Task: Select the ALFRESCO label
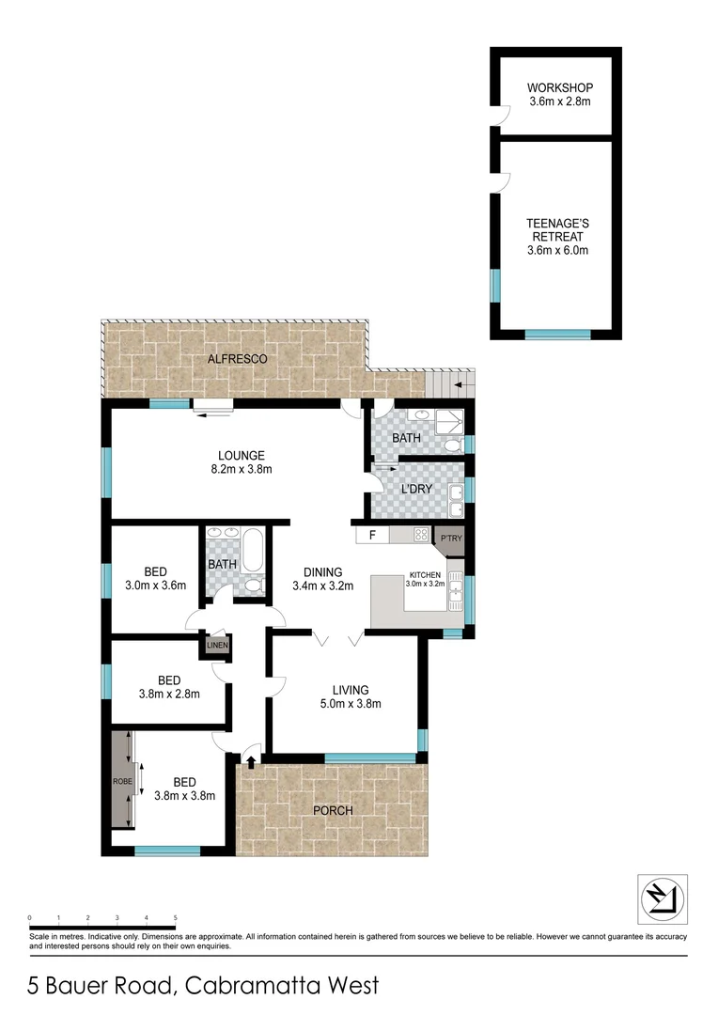237,359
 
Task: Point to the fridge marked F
372,536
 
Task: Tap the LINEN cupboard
217,646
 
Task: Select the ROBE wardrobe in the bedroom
120,779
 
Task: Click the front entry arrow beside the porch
250,760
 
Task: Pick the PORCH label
333,810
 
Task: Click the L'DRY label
415,489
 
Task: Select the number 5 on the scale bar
176,916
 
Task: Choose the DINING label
321,571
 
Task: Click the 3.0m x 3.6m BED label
157,585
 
